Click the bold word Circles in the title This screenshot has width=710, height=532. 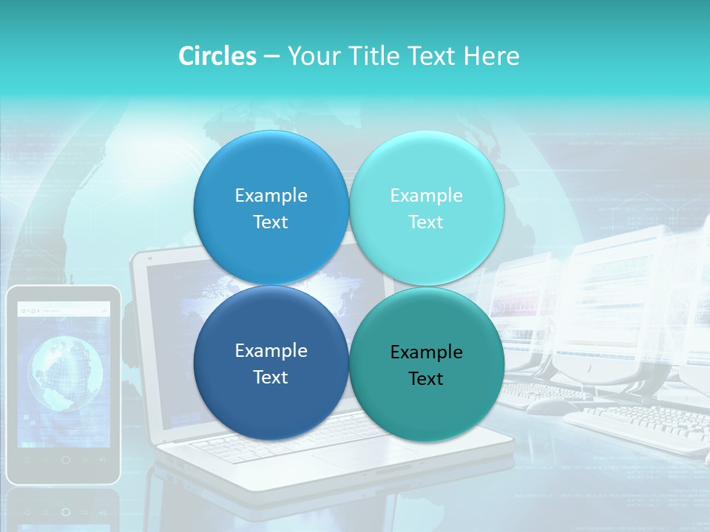pyautogui.click(x=217, y=56)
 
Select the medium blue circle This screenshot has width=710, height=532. pyautogui.click(x=271, y=208)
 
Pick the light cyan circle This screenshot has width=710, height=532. pyautogui.click(x=427, y=208)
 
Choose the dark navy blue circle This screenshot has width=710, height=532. pyautogui.click(x=271, y=363)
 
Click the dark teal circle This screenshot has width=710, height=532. pyautogui.click(x=427, y=364)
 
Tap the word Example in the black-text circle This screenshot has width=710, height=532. pyautogui.click(x=426, y=352)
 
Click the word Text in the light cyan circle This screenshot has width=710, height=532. pyautogui.click(x=426, y=222)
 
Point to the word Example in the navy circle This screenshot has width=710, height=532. pyautogui.click(x=271, y=351)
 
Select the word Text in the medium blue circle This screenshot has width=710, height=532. pyautogui.click(x=271, y=222)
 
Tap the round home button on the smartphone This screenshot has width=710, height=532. pyautogui.click(x=65, y=460)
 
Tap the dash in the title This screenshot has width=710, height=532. pyautogui.click(x=271, y=56)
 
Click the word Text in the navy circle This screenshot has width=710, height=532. pyautogui.click(x=271, y=377)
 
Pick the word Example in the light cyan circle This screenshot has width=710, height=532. pyautogui.click(x=426, y=195)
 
